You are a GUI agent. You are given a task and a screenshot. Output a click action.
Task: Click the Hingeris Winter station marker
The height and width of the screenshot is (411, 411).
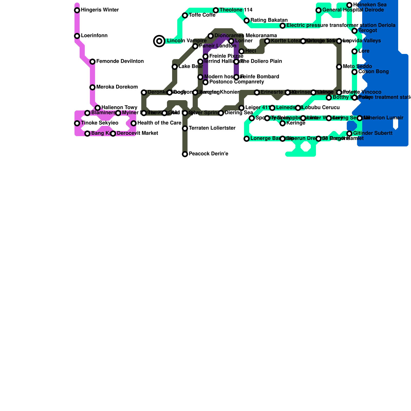[77, 10]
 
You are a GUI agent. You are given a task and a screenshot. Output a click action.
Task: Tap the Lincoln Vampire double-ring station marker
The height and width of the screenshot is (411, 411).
[159, 41]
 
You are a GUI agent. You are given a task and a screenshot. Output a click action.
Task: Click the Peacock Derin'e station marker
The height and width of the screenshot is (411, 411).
[185, 154]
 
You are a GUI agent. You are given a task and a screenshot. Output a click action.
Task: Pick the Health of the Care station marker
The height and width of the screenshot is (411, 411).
[134, 123]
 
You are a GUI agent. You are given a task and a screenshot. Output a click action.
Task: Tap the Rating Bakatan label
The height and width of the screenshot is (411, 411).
[269, 20]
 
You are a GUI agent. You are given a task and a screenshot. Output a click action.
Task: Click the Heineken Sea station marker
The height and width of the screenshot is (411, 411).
[349, 5]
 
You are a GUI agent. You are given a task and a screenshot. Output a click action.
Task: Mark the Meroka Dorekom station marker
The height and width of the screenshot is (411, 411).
[92, 87]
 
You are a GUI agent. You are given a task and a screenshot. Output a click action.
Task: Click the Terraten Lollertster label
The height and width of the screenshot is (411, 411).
[212, 128]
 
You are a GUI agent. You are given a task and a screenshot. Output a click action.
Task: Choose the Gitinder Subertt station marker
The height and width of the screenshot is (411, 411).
[349, 134]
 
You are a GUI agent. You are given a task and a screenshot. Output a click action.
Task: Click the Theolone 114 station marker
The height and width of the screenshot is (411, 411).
[216, 10]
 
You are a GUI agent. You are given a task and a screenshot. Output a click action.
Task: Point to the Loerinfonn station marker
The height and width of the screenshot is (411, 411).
[77, 36]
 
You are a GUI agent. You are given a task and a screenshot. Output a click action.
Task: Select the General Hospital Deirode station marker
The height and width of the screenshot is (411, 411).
[319, 10]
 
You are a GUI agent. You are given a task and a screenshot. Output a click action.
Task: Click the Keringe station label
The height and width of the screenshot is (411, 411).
[296, 123]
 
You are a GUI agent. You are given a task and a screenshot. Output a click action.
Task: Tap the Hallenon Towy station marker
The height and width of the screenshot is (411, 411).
[98, 108]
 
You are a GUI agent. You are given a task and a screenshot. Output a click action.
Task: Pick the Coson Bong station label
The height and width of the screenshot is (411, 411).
[370, 72]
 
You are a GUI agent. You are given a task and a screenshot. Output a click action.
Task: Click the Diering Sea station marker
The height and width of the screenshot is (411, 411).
[221, 113]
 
